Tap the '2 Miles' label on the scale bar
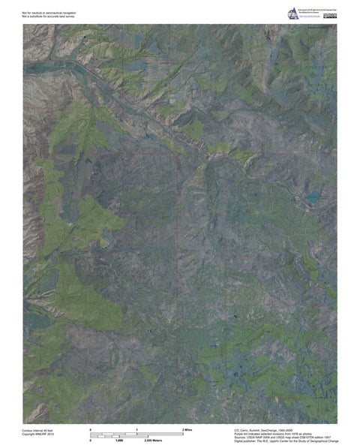(x=187, y=428)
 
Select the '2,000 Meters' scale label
(x=153, y=440)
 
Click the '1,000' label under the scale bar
(x=118, y=440)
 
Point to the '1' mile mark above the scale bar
(x=137, y=428)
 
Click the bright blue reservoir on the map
(x=307, y=200)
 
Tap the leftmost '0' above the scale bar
(x=90, y=428)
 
